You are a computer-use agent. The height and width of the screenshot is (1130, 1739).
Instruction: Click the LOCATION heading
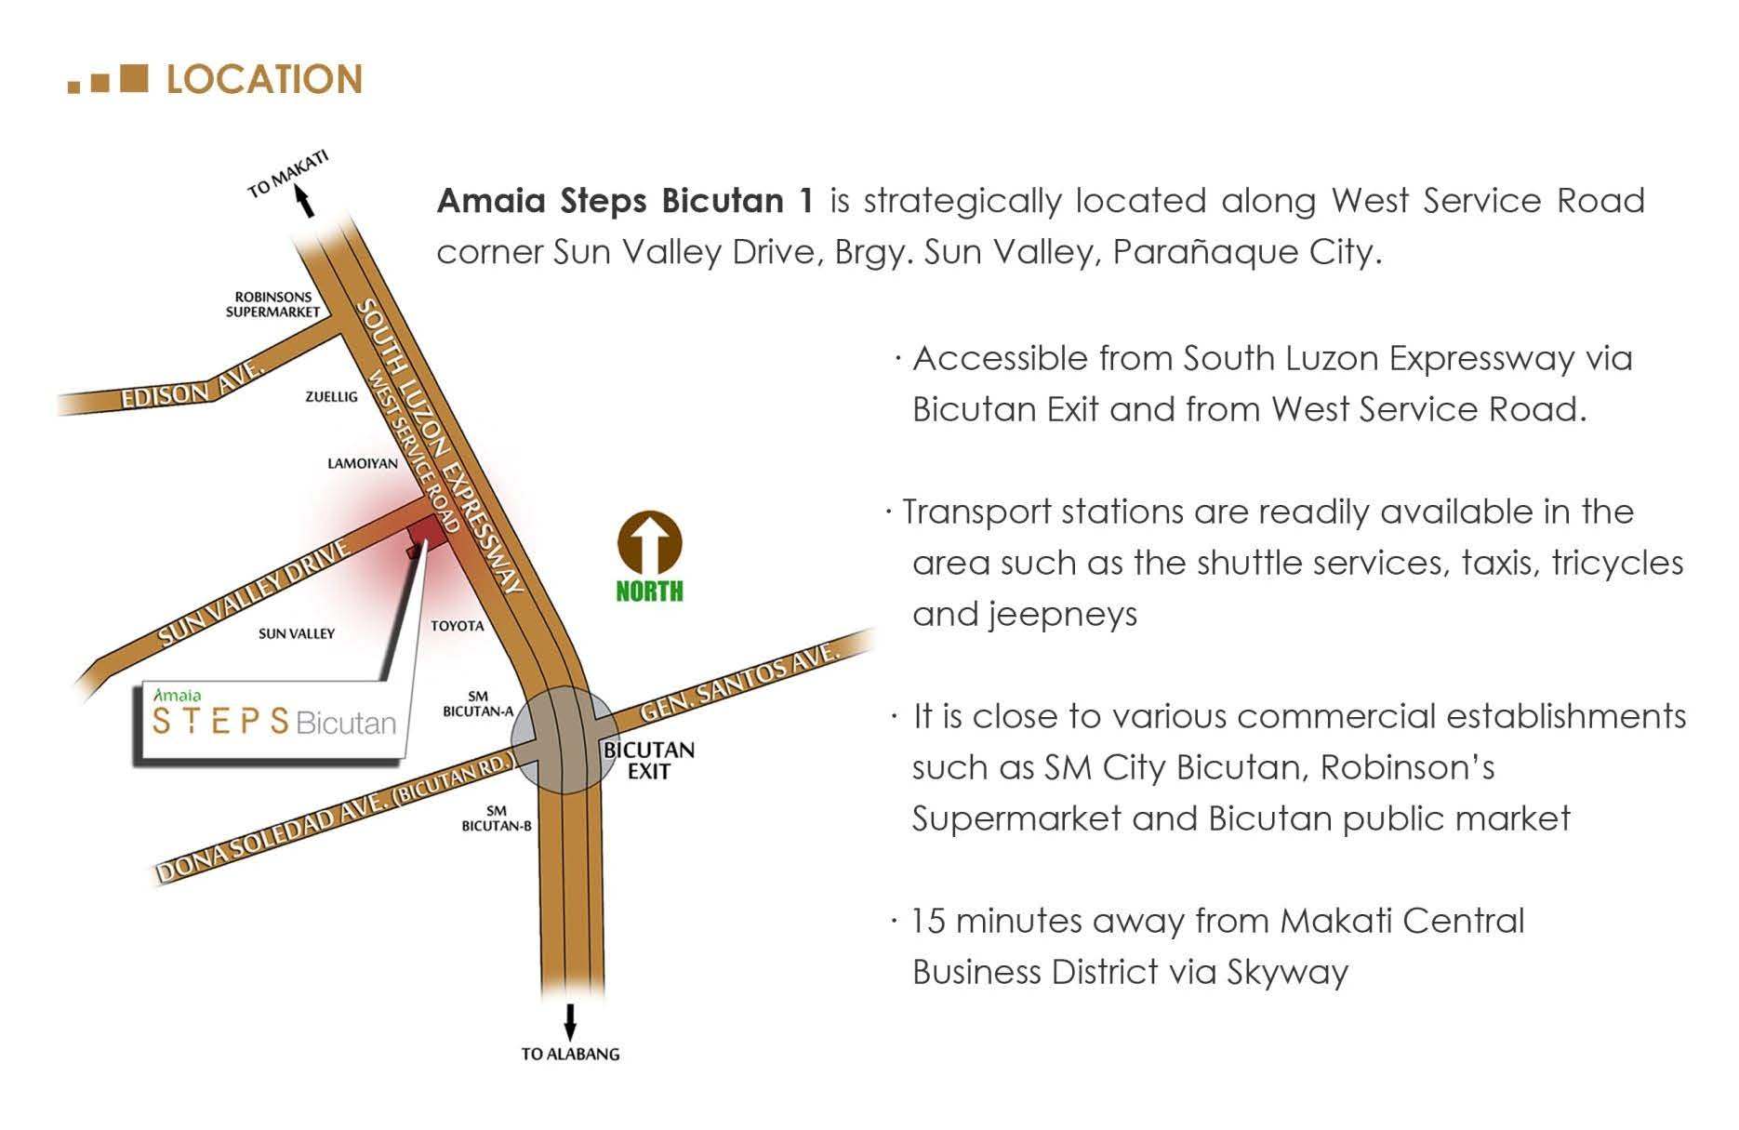(263, 80)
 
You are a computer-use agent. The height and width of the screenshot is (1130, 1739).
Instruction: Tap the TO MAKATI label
(288, 174)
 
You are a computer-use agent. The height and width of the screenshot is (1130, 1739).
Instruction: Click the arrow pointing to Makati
(303, 201)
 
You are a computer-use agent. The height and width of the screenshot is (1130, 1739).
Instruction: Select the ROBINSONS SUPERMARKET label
(272, 304)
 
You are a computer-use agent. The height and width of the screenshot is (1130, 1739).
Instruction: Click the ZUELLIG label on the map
(331, 397)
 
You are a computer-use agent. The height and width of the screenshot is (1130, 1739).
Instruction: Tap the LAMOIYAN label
(362, 463)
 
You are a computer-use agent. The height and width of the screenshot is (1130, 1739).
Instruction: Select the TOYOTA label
(457, 626)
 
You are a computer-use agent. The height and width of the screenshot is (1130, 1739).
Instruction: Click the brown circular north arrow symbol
(649, 543)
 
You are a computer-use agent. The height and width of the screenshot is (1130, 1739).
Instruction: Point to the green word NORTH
(649, 591)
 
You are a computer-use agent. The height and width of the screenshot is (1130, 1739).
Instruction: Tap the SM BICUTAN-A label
(478, 704)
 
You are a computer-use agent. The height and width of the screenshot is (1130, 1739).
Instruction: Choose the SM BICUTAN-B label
(497, 818)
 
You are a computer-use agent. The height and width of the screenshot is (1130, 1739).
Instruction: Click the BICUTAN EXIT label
(648, 760)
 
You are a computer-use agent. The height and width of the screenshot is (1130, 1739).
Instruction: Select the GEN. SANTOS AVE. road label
(740, 683)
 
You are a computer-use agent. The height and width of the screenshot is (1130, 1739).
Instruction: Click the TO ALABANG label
(570, 1054)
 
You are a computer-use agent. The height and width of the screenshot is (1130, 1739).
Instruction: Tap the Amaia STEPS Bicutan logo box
(273, 723)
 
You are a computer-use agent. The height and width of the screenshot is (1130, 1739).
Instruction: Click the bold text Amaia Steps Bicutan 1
(625, 201)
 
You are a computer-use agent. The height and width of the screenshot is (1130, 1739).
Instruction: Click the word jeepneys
(1025, 614)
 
